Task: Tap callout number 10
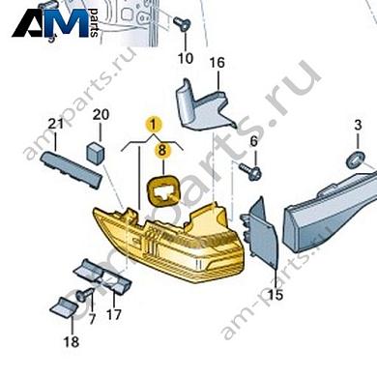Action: pos(185,57)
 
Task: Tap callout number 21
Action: pos(55,125)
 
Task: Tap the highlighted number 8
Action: pos(163,150)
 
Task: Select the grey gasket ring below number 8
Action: pos(162,188)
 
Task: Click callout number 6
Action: pos(254,142)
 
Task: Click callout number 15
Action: pos(275,294)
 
